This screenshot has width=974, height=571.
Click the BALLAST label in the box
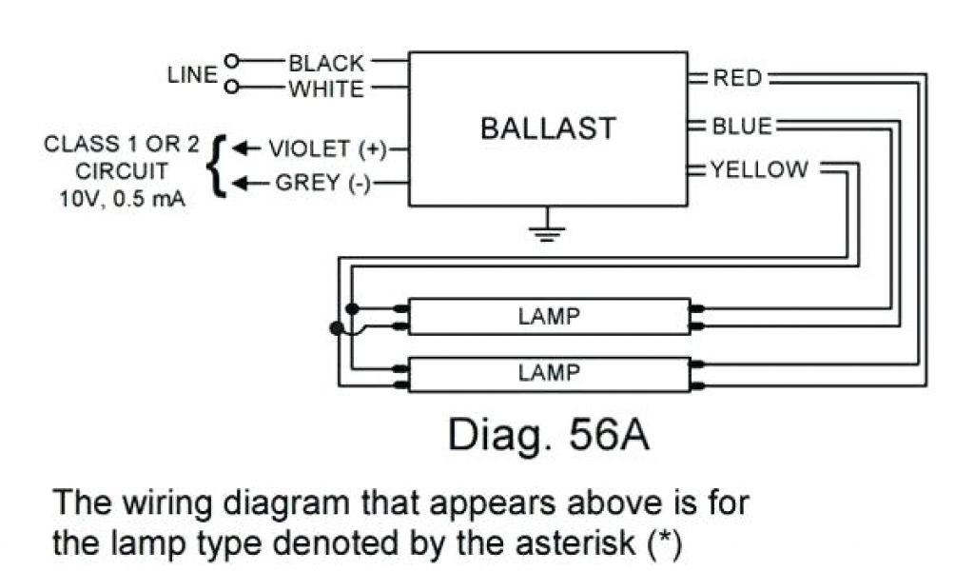548,128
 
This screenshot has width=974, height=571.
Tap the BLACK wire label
326,63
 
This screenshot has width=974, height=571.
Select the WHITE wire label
326,89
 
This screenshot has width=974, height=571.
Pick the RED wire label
738,78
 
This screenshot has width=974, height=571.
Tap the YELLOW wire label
759,170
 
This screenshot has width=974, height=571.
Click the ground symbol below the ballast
547,228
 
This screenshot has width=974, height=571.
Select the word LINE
192,75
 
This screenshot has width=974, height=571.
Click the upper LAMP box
549,317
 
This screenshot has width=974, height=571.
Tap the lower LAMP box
549,372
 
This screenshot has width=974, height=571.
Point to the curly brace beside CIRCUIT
219,166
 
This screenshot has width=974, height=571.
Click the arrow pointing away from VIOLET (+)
245,148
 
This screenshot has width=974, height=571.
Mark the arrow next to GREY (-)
245,183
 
